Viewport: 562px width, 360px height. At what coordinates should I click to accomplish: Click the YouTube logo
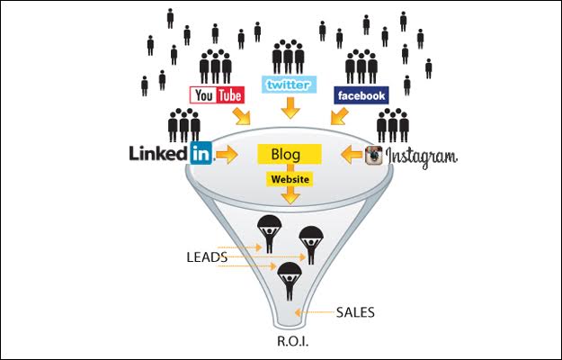click(216, 94)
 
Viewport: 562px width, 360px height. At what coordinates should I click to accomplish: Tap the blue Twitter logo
click(289, 85)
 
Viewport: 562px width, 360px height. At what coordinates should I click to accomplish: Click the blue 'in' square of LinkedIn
click(201, 153)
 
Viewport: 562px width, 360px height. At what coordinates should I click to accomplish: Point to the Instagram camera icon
click(373, 156)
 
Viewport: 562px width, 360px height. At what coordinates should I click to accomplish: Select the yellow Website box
click(289, 179)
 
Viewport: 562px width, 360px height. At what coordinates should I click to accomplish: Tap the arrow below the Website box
click(289, 198)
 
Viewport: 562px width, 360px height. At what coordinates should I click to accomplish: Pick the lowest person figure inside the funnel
click(289, 282)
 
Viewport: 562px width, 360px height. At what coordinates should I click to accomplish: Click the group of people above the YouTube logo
click(216, 66)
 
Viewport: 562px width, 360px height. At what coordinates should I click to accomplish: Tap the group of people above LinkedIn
click(184, 125)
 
